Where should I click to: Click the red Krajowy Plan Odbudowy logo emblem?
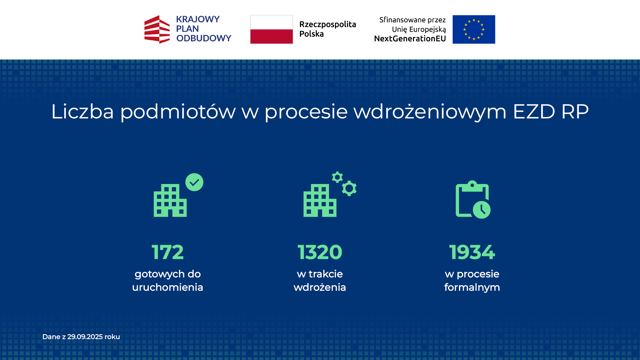[x=157, y=29]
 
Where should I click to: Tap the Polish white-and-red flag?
[x=271, y=29]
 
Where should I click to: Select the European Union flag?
[x=473, y=29]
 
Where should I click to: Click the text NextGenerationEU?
[x=410, y=39]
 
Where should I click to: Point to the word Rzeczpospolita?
[x=327, y=24]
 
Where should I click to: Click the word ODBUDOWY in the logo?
[x=203, y=38]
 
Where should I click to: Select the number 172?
[x=167, y=252]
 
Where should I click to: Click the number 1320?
[x=320, y=252]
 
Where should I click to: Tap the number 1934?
[x=472, y=252]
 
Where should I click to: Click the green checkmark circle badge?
[x=194, y=182]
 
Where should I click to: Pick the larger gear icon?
[x=349, y=188]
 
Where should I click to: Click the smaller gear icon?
[x=337, y=177]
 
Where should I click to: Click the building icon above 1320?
[x=319, y=201]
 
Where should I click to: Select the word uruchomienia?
[x=167, y=287]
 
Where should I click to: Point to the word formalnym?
[x=472, y=287]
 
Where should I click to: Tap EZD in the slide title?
[x=534, y=111]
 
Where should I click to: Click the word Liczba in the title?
[x=82, y=111]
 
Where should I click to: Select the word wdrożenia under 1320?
[x=320, y=287]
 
